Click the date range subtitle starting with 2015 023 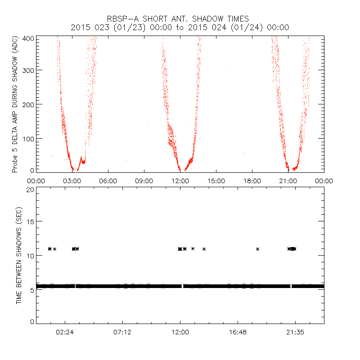(x=180, y=27)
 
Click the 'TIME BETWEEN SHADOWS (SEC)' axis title (x=19, y=256)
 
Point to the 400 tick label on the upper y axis (x=27, y=39)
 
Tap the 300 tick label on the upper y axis (x=27, y=70)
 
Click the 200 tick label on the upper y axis (x=27, y=104)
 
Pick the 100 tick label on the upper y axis (x=27, y=138)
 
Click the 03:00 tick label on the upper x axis (x=72, y=181)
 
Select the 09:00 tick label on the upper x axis (x=144, y=181)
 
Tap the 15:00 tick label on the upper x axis (x=216, y=181)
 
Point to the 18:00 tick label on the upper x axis (x=252, y=181)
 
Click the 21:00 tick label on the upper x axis (x=288, y=181)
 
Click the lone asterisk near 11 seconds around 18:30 (x=257, y=249)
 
